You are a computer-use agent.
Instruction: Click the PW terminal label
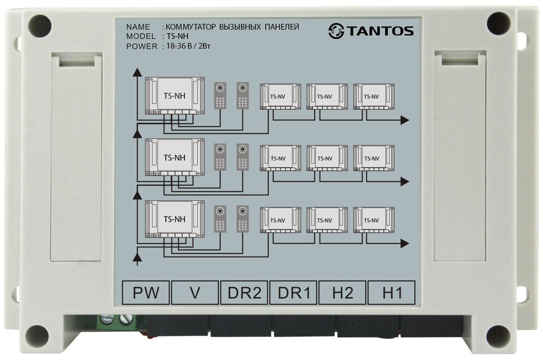146,293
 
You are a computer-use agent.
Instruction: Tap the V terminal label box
195,293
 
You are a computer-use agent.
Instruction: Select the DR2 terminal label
245,293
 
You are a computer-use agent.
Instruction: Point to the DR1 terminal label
294,293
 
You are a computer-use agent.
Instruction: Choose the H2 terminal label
343,293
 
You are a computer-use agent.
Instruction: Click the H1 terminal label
392,293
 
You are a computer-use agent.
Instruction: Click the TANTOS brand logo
371,31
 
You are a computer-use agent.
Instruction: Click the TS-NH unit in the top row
175,96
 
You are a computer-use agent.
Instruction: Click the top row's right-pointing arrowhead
405,119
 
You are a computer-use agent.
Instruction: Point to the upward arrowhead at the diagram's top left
138,73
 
